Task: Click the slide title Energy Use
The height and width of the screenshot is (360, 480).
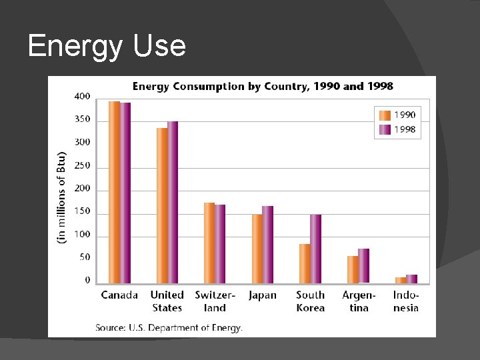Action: pos(107,47)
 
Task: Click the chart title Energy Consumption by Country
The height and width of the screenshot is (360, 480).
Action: pos(263,86)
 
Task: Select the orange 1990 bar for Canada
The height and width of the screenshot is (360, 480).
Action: pos(114,193)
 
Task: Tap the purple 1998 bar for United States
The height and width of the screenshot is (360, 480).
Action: pos(173,203)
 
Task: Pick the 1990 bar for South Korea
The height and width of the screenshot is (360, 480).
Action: pos(305,264)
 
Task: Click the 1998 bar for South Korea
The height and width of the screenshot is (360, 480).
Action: pos(315,249)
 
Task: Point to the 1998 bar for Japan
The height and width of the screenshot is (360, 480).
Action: pos(267,245)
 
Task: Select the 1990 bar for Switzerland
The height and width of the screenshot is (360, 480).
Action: pos(209,243)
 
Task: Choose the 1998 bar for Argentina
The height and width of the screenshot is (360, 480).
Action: pos(363,266)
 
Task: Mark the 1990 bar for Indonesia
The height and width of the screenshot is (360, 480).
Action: pos(400,280)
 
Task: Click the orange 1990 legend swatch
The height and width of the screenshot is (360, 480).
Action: pos(385,115)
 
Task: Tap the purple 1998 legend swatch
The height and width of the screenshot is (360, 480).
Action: pos(385,129)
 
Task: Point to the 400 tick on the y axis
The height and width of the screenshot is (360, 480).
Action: pos(82,97)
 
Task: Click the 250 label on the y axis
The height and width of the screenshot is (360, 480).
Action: pos(82,166)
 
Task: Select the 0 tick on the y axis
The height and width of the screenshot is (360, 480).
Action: pos(87,281)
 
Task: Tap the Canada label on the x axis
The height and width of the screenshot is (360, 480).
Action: pos(119,295)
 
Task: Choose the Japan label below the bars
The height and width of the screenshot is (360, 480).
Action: pos(262,295)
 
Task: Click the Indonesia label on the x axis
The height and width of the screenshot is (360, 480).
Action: pos(406,301)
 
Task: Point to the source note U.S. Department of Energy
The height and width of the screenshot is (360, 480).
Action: pos(169,327)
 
